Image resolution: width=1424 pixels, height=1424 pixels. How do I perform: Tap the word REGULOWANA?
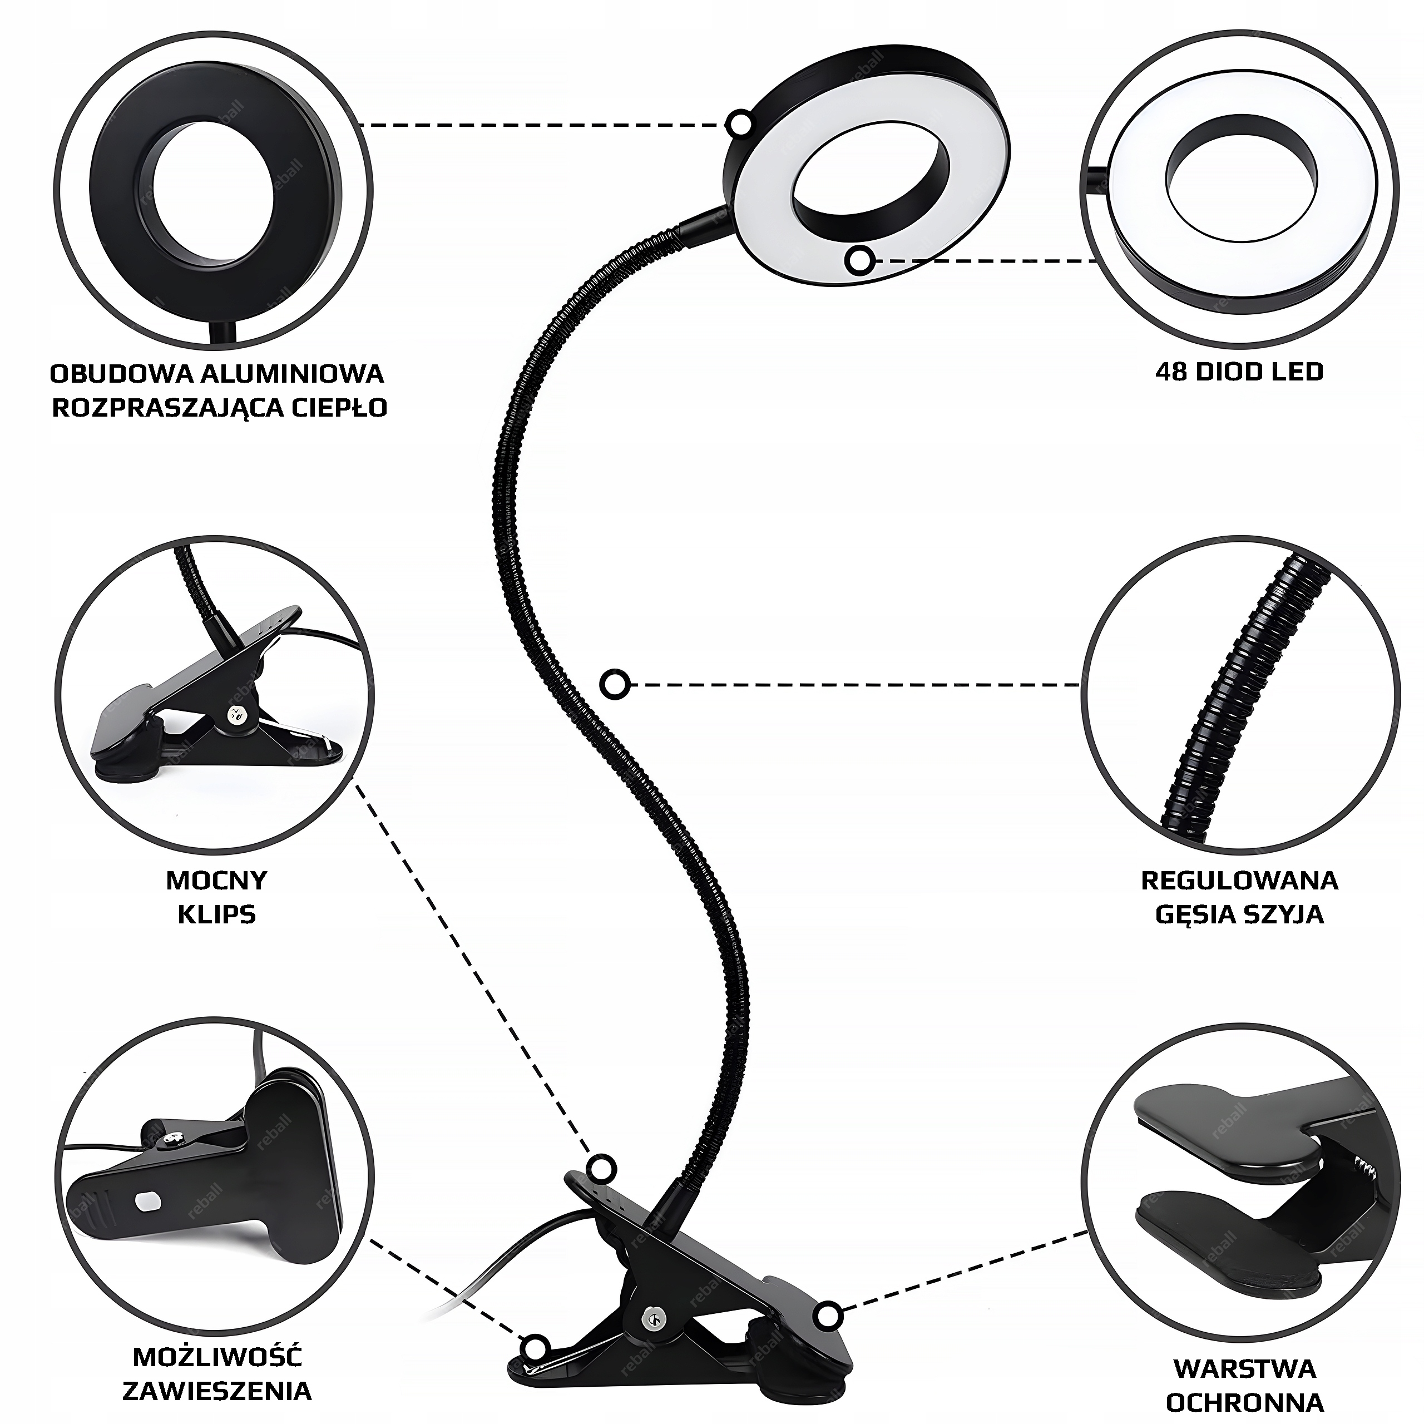pyautogui.click(x=1239, y=880)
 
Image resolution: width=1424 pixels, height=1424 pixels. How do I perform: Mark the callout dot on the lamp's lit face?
pyautogui.click(x=859, y=260)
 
